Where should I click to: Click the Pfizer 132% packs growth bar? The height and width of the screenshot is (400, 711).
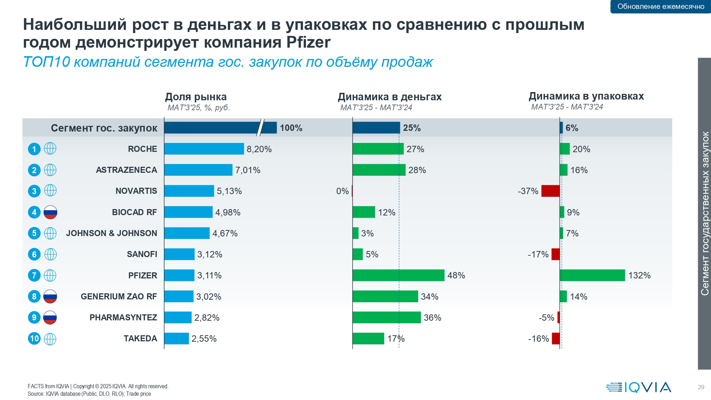click(x=592, y=275)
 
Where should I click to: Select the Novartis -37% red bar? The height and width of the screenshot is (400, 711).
click(x=550, y=191)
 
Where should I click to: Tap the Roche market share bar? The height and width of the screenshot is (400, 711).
click(x=204, y=149)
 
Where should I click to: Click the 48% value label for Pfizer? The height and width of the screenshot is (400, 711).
click(x=456, y=275)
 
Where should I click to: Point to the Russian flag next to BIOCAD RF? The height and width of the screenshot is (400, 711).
click(x=50, y=212)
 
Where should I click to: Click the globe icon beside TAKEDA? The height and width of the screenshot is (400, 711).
click(x=50, y=338)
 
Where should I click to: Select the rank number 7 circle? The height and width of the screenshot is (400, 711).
click(x=34, y=275)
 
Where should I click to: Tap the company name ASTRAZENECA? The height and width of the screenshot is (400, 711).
click(x=127, y=170)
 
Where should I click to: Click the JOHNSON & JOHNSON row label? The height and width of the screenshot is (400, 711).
click(x=112, y=233)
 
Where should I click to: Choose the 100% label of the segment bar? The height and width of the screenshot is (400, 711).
click(x=291, y=128)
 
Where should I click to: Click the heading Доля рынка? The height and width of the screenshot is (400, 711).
click(x=196, y=97)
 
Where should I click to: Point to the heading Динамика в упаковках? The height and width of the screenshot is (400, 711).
click(x=586, y=96)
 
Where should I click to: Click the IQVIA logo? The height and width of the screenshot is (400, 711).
click(x=638, y=387)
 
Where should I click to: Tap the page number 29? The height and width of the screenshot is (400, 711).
click(x=701, y=387)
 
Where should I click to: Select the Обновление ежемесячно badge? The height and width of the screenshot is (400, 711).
click(x=661, y=6)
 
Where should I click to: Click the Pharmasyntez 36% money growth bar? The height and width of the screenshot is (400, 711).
click(x=387, y=318)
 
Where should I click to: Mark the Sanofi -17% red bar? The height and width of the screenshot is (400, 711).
click(x=556, y=254)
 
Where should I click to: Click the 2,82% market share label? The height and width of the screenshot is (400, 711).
click(x=207, y=318)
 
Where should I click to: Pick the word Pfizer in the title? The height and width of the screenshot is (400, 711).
click(x=309, y=42)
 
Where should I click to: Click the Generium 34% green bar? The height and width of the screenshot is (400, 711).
click(x=385, y=297)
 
